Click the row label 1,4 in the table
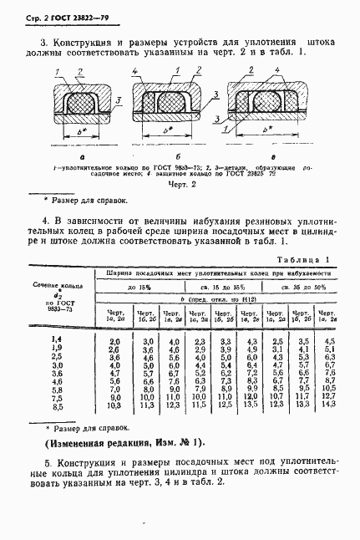click(x=57, y=337)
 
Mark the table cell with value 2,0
click(x=114, y=341)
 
